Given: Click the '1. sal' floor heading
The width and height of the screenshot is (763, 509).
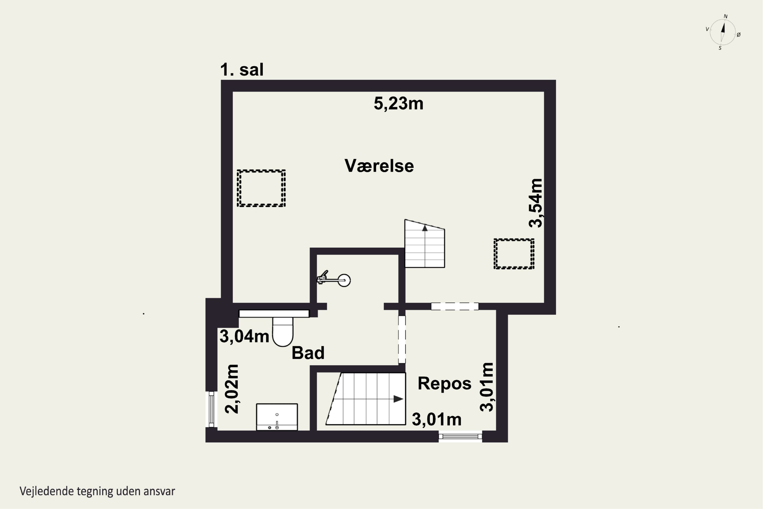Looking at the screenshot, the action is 242,69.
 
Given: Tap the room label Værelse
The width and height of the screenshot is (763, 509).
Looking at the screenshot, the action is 379,166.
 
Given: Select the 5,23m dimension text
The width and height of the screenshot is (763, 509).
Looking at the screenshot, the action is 398,104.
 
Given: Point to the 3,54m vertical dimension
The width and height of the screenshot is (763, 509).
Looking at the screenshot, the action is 535,203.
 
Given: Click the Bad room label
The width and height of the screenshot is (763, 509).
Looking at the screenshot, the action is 308,353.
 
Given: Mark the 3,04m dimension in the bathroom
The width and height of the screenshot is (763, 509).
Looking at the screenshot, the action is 244,337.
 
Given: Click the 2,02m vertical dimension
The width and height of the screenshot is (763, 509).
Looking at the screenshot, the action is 232,389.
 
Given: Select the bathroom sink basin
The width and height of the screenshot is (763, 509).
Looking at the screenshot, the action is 277,417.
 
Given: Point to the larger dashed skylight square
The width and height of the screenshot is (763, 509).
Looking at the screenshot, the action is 261,188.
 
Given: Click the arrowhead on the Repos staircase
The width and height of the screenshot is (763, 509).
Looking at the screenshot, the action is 398,399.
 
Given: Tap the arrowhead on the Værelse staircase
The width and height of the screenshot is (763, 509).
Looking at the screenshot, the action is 425,228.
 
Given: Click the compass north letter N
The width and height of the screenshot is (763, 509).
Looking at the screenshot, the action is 726,17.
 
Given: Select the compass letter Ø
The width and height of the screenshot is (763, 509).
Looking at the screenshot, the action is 739,35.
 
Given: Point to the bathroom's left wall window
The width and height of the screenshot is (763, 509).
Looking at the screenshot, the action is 211,409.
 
